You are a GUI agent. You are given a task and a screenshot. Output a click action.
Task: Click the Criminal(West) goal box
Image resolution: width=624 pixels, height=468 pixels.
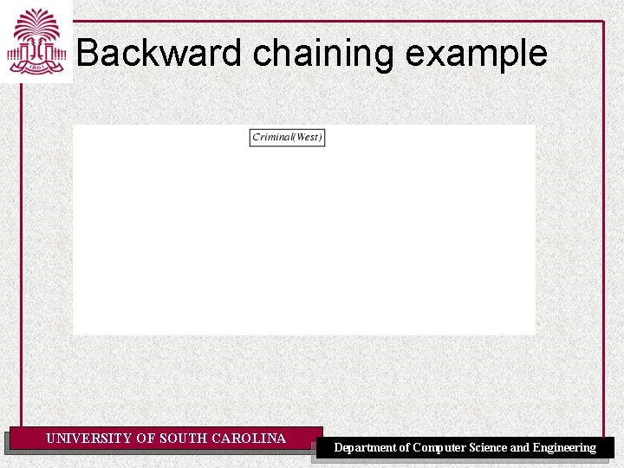pos(287,137)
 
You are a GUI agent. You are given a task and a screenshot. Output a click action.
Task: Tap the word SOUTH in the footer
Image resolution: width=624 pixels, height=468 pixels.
pos(183,439)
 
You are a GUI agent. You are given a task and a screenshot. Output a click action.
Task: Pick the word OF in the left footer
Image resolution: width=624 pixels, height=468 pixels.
pos(146,439)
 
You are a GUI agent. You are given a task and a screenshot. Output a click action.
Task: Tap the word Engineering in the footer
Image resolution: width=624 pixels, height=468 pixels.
pos(564,448)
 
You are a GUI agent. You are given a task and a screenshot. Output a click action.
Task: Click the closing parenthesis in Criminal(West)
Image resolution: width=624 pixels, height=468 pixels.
pos(321,137)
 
